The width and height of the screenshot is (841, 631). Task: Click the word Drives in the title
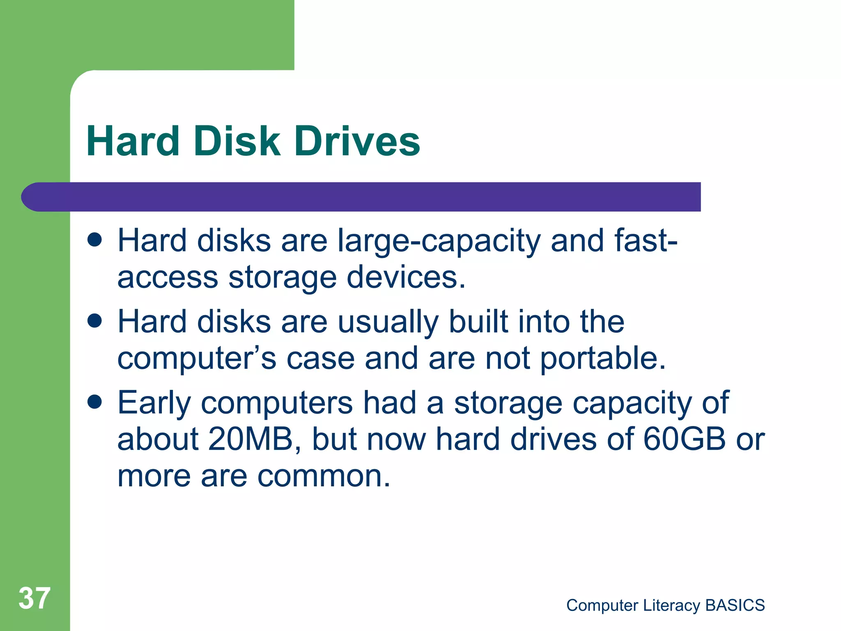click(357, 141)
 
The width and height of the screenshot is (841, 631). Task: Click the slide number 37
click(34, 598)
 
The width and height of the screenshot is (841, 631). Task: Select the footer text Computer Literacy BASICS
click(665, 605)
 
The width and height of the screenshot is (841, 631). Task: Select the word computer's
click(197, 359)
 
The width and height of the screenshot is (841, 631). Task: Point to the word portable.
click(602, 358)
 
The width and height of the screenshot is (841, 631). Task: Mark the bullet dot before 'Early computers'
click(95, 402)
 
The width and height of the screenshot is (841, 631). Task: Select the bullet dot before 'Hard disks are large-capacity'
click(95, 240)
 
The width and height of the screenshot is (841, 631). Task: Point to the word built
click(479, 321)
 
